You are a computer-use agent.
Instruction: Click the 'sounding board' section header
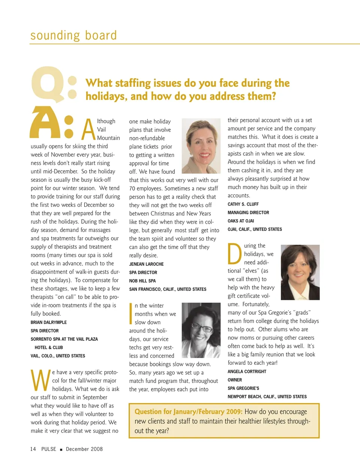click(x=73, y=35)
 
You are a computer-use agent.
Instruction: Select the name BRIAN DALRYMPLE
click(x=49, y=322)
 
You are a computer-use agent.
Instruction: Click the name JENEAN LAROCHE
click(x=146, y=264)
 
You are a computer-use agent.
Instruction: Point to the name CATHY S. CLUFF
click(x=243, y=204)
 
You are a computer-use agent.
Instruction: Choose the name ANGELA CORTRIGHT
click(x=247, y=372)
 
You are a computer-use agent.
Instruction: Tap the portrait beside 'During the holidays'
click(x=300, y=272)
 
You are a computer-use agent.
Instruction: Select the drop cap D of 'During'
click(x=235, y=254)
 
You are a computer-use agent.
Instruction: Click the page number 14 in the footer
click(x=33, y=449)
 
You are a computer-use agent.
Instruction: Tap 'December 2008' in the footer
click(x=84, y=449)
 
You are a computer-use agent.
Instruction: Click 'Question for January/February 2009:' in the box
click(x=188, y=412)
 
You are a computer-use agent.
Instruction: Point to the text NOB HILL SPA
click(x=142, y=281)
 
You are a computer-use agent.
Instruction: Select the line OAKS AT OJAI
click(x=241, y=221)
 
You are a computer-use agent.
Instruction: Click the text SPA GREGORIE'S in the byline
click(x=243, y=388)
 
